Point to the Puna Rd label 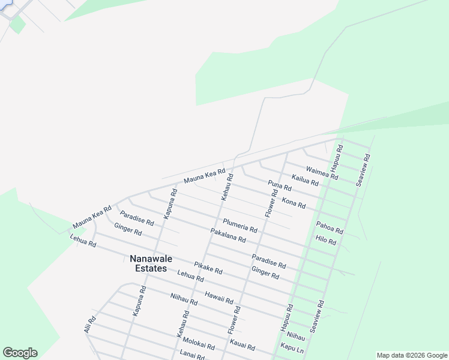[280, 188]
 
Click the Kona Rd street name [294, 201]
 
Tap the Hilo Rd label [325, 240]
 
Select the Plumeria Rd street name [240, 226]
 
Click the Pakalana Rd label [228, 235]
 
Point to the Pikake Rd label [208, 268]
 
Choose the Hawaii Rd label [218, 297]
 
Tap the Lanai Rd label [192, 355]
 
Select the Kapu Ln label [292, 348]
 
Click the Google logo [20, 353]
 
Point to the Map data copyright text [411, 355]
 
